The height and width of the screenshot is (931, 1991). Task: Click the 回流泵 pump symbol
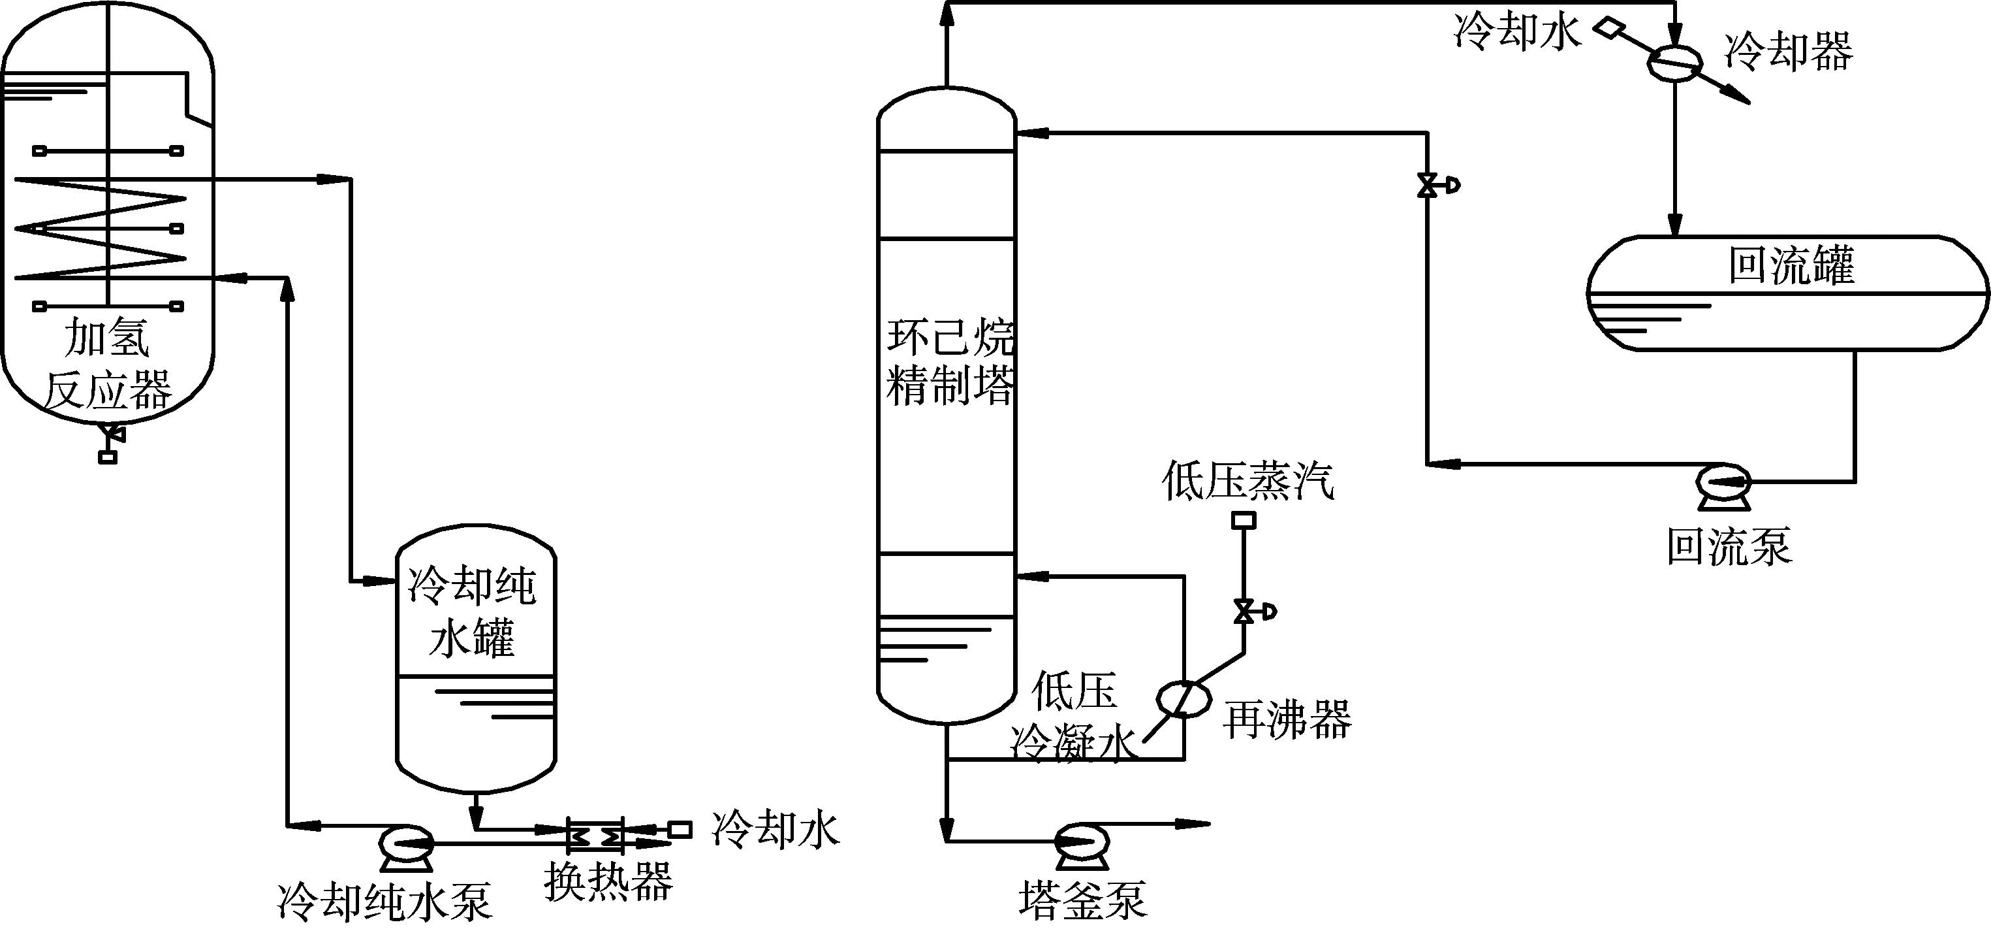pyautogui.click(x=1723, y=485)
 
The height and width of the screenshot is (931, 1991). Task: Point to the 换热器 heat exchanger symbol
pyautogui.click(x=595, y=836)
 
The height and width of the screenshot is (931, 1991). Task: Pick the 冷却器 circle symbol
pyautogui.click(x=1675, y=62)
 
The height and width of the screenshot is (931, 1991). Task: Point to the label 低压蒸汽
pyautogui.click(x=1247, y=481)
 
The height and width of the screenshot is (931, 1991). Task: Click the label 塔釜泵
pyautogui.click(x=1082, y=900)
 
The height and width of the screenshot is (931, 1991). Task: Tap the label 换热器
pyautogui.click(x=608, y=881)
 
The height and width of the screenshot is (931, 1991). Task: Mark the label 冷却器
pyautogui.click(x=1789, y=52)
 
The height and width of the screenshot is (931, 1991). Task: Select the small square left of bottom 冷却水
pyautogui.click(x=680, y=830)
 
